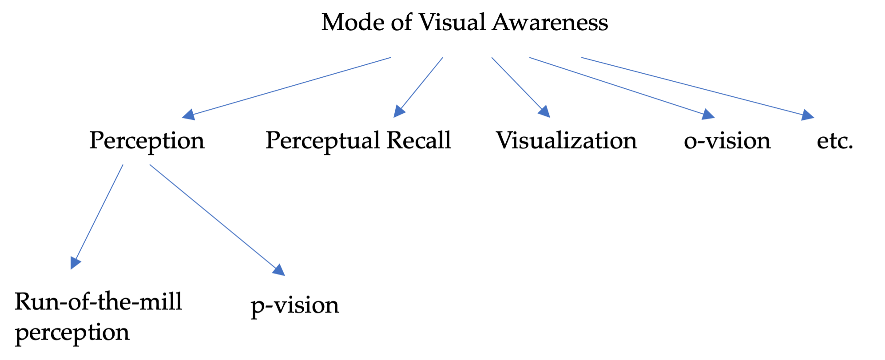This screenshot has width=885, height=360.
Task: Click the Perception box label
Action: (x=147, y=141)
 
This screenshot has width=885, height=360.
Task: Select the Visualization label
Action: (x=566, y=141)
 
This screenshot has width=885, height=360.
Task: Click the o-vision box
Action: (x=727, y=141)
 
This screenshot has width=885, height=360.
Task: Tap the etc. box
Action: (x=835, y=141)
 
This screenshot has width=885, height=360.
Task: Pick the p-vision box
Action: (x=295, y=306)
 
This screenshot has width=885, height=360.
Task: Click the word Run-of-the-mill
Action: (x=98, y=302)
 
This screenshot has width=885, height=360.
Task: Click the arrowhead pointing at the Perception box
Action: (x=189, y=115)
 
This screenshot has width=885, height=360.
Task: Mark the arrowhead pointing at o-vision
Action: (x=709, y=114)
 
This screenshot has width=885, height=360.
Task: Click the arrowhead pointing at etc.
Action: (x=808, y=115)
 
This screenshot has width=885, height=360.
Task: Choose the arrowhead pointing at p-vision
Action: (x=279, y=269)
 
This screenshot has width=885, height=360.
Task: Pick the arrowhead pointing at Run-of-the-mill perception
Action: (x=75, y=263)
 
